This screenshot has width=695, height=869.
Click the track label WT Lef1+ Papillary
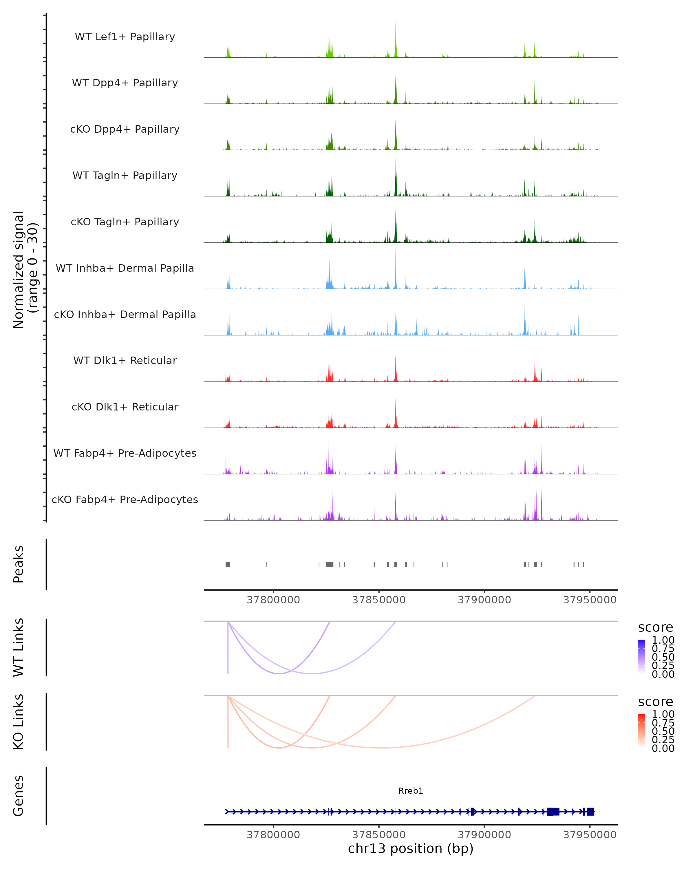[125, 37]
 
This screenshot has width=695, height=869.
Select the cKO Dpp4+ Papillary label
[125, 129]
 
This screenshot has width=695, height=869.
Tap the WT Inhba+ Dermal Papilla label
[125, 269]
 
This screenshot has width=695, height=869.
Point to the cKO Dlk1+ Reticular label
[125, 407]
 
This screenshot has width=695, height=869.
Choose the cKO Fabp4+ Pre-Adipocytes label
[125, 500]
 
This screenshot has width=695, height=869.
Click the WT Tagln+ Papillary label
[125, 176]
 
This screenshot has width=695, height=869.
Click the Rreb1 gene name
[411, 791]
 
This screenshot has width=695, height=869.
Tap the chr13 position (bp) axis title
[411, 849]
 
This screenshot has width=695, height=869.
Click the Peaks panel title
[19, 564]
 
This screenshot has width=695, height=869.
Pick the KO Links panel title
[19, 722]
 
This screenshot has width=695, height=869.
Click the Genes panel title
[19, 796]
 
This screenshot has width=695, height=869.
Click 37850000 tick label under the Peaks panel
[379, 600]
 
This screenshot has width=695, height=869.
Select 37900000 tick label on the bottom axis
[484, 835]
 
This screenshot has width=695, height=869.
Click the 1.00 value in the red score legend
[663, 714]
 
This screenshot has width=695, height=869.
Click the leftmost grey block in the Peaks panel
[228, 564]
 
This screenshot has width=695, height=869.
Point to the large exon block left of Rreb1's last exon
[553, 812]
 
